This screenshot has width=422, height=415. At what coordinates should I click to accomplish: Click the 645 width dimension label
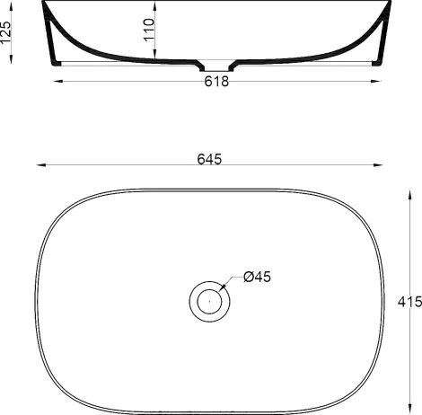pos(209,158)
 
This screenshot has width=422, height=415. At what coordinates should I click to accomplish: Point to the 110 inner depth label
pos(149,34)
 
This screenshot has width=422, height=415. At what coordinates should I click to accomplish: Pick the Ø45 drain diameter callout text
pos(257,277)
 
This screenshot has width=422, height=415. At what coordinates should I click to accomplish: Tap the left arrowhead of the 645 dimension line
pos(39,165)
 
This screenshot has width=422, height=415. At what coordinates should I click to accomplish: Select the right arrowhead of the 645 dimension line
pos(381,165)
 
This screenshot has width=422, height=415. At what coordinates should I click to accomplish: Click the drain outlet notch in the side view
pos(215,66)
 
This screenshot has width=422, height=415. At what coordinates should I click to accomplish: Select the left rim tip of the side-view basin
pos(42,4)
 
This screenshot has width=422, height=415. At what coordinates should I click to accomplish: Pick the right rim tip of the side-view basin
pos(391,4)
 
